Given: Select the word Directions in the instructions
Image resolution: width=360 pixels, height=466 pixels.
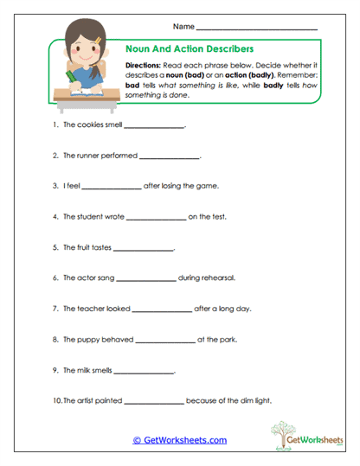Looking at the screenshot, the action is (145, 66).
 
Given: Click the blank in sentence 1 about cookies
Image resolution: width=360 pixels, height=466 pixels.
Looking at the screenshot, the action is (155, 128).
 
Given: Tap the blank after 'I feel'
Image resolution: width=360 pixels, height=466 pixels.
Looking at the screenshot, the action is (111, 187).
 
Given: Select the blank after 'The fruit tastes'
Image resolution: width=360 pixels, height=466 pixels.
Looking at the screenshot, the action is (144, 249).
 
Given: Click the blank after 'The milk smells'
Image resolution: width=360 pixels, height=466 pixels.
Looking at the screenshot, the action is (145, 371).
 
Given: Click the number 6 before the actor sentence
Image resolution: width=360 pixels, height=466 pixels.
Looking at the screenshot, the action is (55, 278).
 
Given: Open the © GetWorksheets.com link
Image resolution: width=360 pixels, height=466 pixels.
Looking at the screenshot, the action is (179, 440).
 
